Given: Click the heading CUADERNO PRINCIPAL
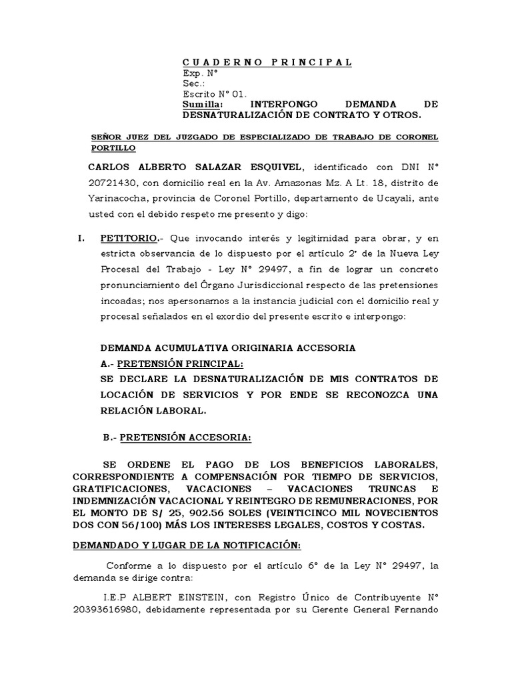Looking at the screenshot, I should (267, 63).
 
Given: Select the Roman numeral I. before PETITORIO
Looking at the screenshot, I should (78, 238).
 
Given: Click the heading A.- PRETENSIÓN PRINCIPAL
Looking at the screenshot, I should (171, 364).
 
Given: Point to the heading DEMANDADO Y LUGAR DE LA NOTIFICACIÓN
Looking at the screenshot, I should (187, 546).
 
